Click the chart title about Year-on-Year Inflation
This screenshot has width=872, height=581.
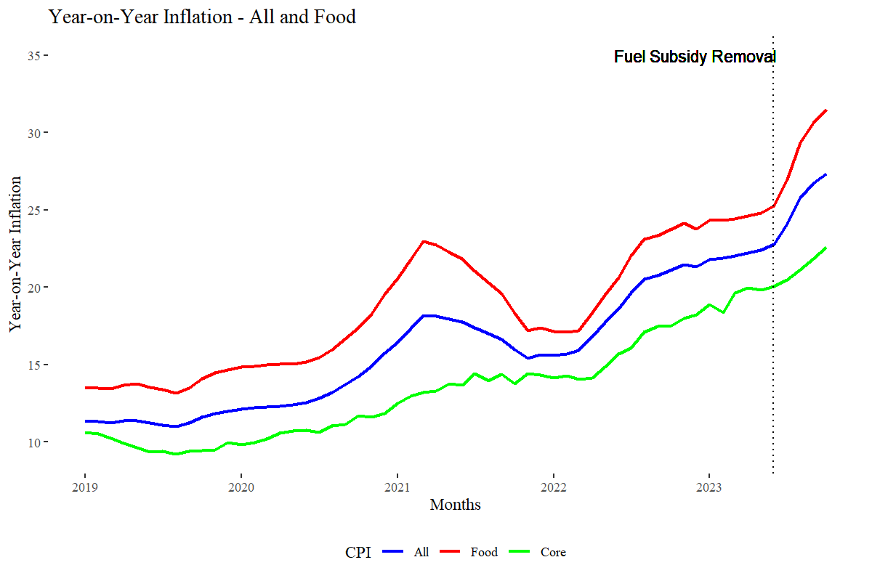[x=202, y=16]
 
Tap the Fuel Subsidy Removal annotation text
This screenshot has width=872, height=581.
[x=695, y=57]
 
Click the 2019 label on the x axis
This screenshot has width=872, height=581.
[x=85, y=487]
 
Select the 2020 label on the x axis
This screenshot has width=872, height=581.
[x=241, y=487]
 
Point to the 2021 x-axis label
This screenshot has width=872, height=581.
[x=397, y=487]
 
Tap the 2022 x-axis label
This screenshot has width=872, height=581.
[x=553, y=487]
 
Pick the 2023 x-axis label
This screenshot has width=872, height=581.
[x=709, y=487]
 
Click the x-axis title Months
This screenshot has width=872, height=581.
[x=455, y=505]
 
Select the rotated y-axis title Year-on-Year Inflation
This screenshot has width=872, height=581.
[x=16, y=253]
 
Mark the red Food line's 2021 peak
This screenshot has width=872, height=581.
[x=424, y=241]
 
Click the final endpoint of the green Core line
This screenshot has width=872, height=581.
[x=826, y=248]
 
